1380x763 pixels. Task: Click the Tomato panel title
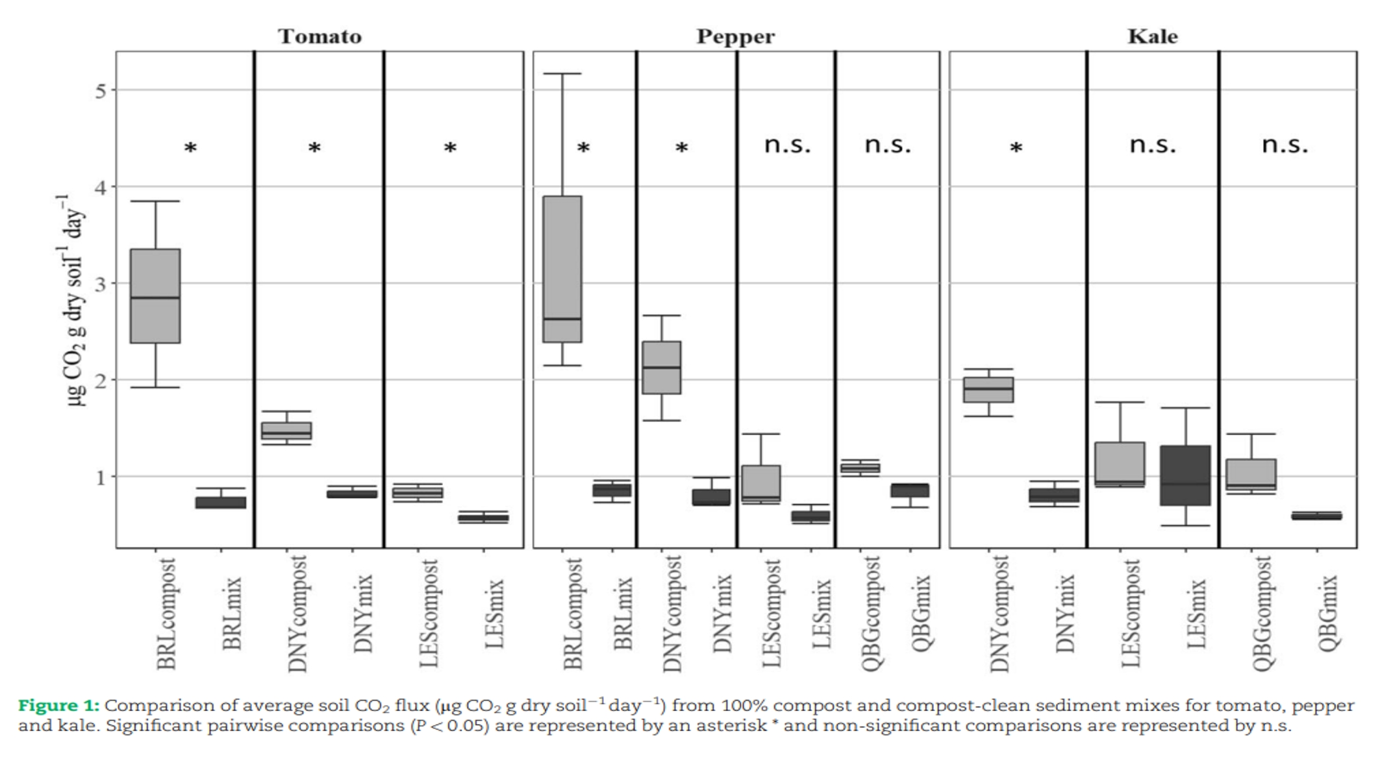click(x=320, y=36)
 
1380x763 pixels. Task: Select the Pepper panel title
click(x=735, y=36)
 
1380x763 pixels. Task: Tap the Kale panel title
click(x=1152, y=36)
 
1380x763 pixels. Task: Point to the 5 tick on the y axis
click(x=101, y=90)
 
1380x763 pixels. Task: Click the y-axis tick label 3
click(x=101, y=284)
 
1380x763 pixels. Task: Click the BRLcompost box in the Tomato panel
click(x=155, y=295)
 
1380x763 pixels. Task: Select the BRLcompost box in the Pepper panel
click(x=562, y=269)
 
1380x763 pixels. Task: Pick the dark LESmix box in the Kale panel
click(x=1185, y=475)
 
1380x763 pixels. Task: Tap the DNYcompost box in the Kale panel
click(x=988, y=390)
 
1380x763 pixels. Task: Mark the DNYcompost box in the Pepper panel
click(x=662, y=368)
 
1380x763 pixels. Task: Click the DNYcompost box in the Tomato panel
click(x=286, y=431)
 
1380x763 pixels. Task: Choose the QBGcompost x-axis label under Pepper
click(x=870, y=614)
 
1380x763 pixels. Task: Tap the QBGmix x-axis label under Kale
click(x=1328, y=614)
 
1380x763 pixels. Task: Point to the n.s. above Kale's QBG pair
click(x=1285, y=145)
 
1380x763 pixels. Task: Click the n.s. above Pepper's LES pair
click(x=787, y=145)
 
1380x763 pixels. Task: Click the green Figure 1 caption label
click(x=58, y=706)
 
